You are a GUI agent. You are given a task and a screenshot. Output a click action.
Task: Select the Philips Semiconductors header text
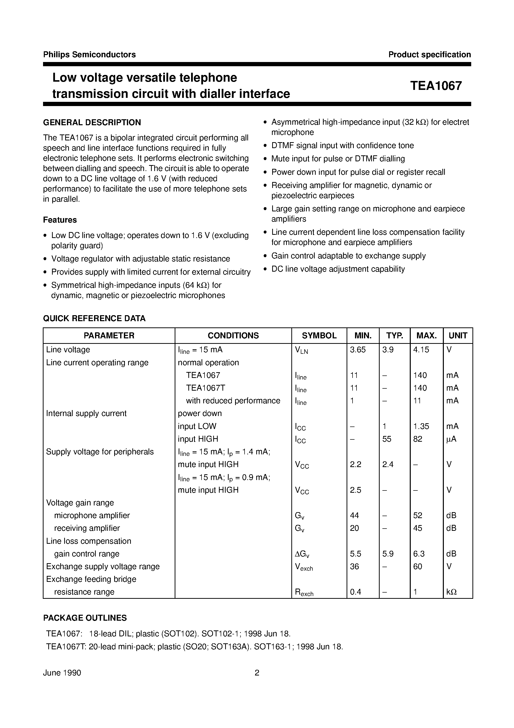89,55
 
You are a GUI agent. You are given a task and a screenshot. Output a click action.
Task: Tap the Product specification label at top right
429,55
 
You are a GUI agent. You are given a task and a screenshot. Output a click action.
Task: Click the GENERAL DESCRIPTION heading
92,122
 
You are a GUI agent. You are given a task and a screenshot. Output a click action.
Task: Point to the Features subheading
60,220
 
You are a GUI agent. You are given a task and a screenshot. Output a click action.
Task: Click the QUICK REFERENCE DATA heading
94,318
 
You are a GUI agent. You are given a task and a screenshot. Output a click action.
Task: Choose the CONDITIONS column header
233,335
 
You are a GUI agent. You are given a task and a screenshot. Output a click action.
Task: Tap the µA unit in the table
451,439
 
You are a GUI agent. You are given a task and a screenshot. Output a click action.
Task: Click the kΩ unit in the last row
451,592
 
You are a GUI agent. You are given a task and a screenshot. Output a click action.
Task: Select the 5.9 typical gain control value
388,554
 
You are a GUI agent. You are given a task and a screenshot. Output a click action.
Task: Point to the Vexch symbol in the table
304,567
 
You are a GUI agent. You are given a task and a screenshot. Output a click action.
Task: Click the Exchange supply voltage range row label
103,566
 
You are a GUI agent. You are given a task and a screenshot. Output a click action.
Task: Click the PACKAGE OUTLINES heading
85,618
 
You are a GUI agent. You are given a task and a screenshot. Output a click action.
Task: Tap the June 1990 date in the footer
62,672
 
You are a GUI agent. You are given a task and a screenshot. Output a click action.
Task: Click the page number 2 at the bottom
257,672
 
